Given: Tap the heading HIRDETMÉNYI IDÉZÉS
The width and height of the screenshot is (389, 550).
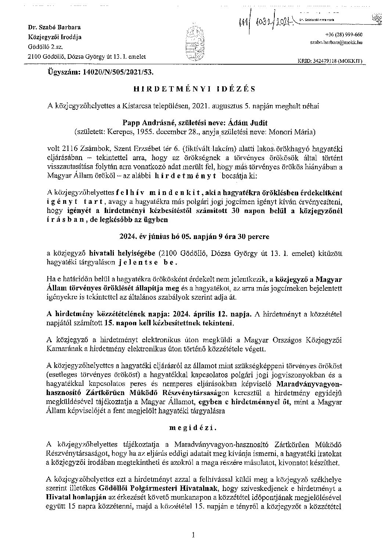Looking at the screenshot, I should tap(194, 89).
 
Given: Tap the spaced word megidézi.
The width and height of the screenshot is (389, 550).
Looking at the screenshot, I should tap(194, 428).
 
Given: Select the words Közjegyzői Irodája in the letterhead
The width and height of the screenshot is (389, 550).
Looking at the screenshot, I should tap(55, 37).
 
